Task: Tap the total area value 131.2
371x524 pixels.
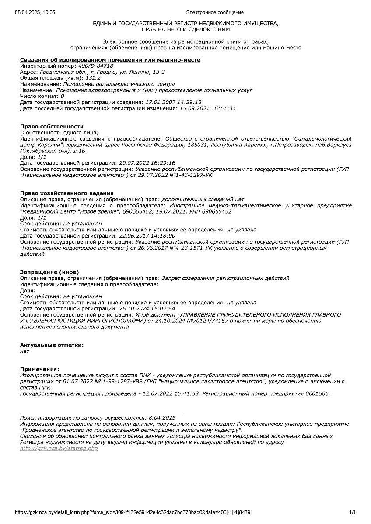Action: coord(93,78)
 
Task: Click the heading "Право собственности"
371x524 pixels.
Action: coord(52,126)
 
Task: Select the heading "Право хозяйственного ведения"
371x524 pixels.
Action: coord(66,193)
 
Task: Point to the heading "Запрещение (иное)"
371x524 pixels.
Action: coord(49,272)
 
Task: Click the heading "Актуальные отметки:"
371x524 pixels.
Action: coord(52,345)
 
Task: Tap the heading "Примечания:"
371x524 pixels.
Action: coord(39,369)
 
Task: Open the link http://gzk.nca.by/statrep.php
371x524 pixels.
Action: coord(59,448)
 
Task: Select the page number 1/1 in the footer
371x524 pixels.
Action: coord(352,512)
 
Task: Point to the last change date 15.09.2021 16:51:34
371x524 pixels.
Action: coord(207,108)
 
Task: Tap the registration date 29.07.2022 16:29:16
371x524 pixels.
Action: coord(147,162)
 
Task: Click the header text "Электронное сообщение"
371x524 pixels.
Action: coord(215,12)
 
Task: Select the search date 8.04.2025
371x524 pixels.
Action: coord(162,418)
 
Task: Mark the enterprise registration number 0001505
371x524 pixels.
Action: coord(318,393)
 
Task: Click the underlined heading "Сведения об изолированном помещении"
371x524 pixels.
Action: coord(110,59)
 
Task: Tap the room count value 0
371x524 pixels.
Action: coord(62,96)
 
